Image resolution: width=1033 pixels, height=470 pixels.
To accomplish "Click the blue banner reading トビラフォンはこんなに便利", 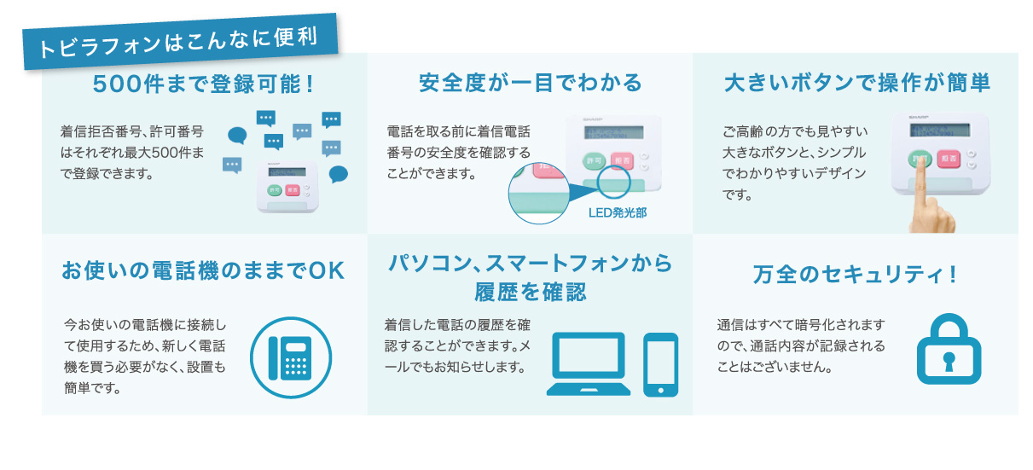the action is click(x=180, y=42).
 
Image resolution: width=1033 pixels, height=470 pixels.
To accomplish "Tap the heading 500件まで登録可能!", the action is click(x=204, y=84).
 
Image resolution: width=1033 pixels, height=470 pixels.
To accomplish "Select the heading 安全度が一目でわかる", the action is click(x=531, y=83).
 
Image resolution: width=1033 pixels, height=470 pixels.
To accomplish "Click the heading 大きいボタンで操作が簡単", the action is click(x=856, y=83).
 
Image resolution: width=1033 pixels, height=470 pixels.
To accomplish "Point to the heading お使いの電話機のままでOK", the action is click(x=203, y=270).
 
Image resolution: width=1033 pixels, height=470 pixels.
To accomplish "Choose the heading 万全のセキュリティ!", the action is click(x=855, y=275).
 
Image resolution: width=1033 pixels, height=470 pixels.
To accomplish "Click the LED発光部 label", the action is click(x=618, y=212).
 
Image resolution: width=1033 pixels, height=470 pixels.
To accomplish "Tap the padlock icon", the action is click(x=949, y=349).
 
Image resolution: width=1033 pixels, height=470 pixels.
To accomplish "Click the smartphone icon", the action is click(x=661, y=364).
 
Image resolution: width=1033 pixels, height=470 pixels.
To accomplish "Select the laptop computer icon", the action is click(x=589, y=364).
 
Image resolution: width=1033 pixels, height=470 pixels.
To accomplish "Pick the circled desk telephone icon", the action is click(x=291, y=357).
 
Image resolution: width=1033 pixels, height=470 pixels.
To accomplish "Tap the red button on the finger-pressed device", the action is click(x=949, y=159).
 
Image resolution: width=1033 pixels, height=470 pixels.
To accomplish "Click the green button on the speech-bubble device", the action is click(x=275, y=190).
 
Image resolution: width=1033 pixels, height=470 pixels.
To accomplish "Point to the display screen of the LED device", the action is click(x=614, y=132).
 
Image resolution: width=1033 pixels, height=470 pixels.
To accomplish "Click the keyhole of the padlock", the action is click(x=949, y=361).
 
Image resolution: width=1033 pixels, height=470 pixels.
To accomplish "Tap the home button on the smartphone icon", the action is click(x=661, y=390).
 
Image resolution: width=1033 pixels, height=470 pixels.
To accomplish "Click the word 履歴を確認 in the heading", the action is click(x=531, y=293).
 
